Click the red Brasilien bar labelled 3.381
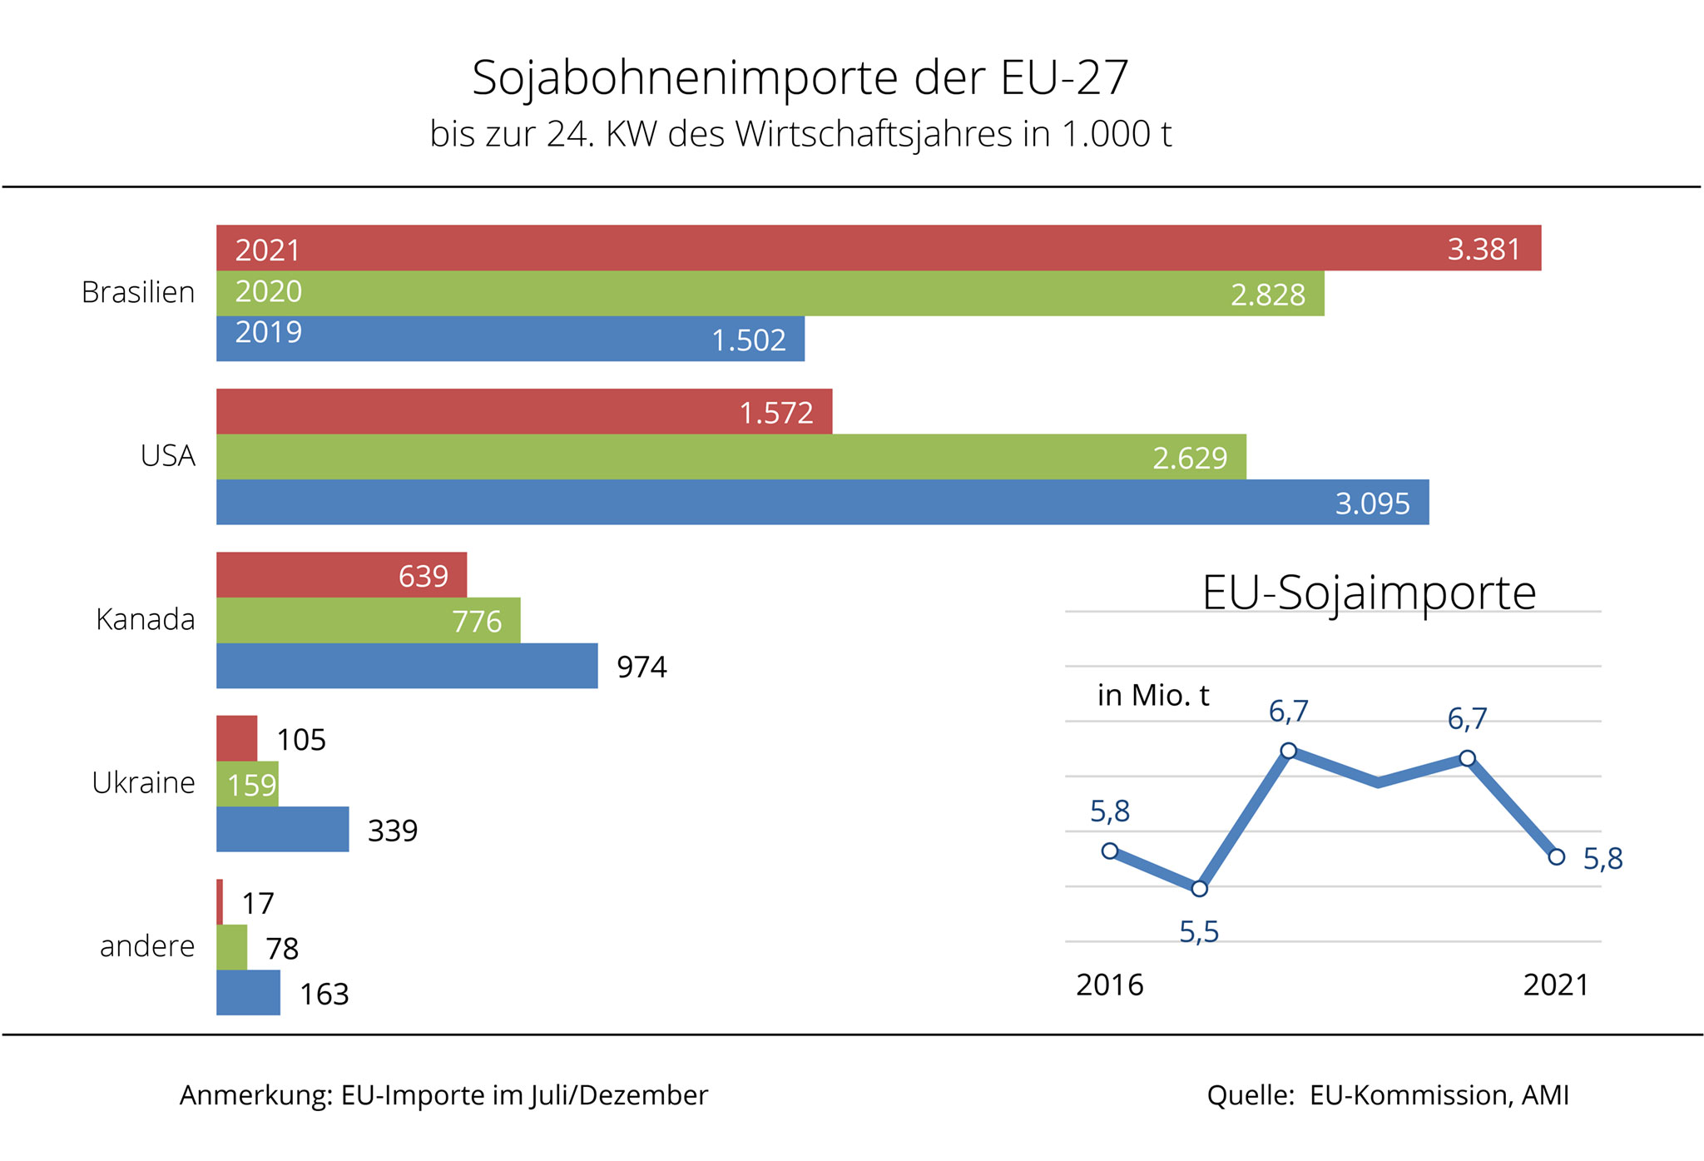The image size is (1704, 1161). pyautogui.click(x=878, y=248)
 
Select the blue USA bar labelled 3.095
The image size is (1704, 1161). pyautogui.click(x=822, y=502)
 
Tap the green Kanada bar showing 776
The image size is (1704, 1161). pyautogui.click(x=368, y=620)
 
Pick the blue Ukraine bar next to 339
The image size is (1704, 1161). pyautogui.click(x=282, y=829)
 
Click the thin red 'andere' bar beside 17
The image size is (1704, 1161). pyautogui.click(x=220, y=902)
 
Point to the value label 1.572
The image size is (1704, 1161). pyautogui.click(x=775, y=413)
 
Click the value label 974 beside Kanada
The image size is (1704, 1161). pyautogui.click(x=641, y=667)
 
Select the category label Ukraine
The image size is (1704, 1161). pyautogui.click(x=143, y=783)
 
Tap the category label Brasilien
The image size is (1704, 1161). pyautogui.click(x=138, y=293)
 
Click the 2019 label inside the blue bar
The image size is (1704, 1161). pyautogui.click(x=268, y=333)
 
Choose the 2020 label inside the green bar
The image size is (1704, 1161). pyautogui.click(x=268, y=292)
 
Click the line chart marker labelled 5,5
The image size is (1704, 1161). pyautogui.click(x=1199, y=889)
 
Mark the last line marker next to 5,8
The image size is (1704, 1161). pyautogui.click(x=1557, y=856)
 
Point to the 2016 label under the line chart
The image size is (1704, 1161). pyautogui.click(x=1110, y=985)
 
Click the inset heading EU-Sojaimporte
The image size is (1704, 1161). pyautogui.click(x=1369, y=593)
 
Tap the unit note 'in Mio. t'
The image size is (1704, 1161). pyautogui.click(x=1153, y=695)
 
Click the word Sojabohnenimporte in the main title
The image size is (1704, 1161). pyautogui.click(x=685, y=78)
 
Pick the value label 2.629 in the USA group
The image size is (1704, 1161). pyautogui.click(x=1189, y=459)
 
